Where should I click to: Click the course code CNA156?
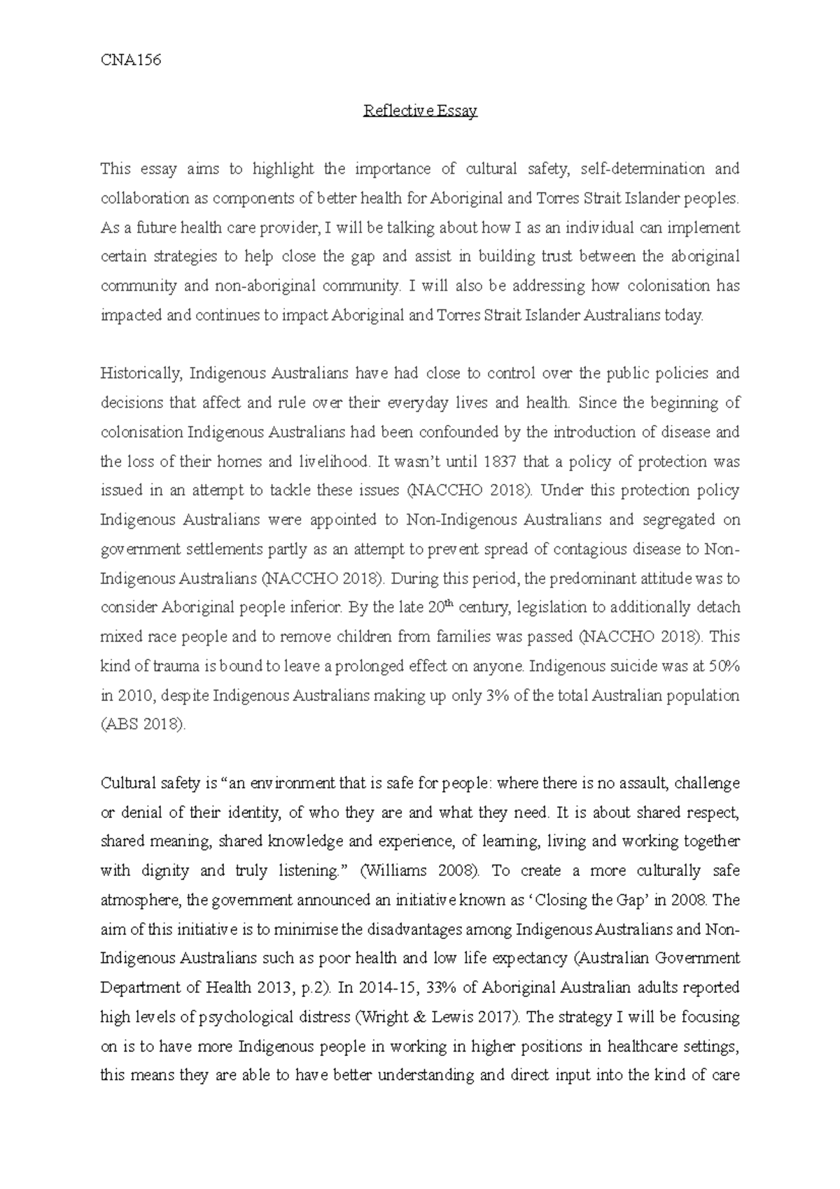pos(131,60)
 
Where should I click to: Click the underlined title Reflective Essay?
pos(420,111)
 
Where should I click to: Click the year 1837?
pos(463,461)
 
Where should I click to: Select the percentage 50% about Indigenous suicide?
pos(724,666)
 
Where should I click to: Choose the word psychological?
pos(254,1017)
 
